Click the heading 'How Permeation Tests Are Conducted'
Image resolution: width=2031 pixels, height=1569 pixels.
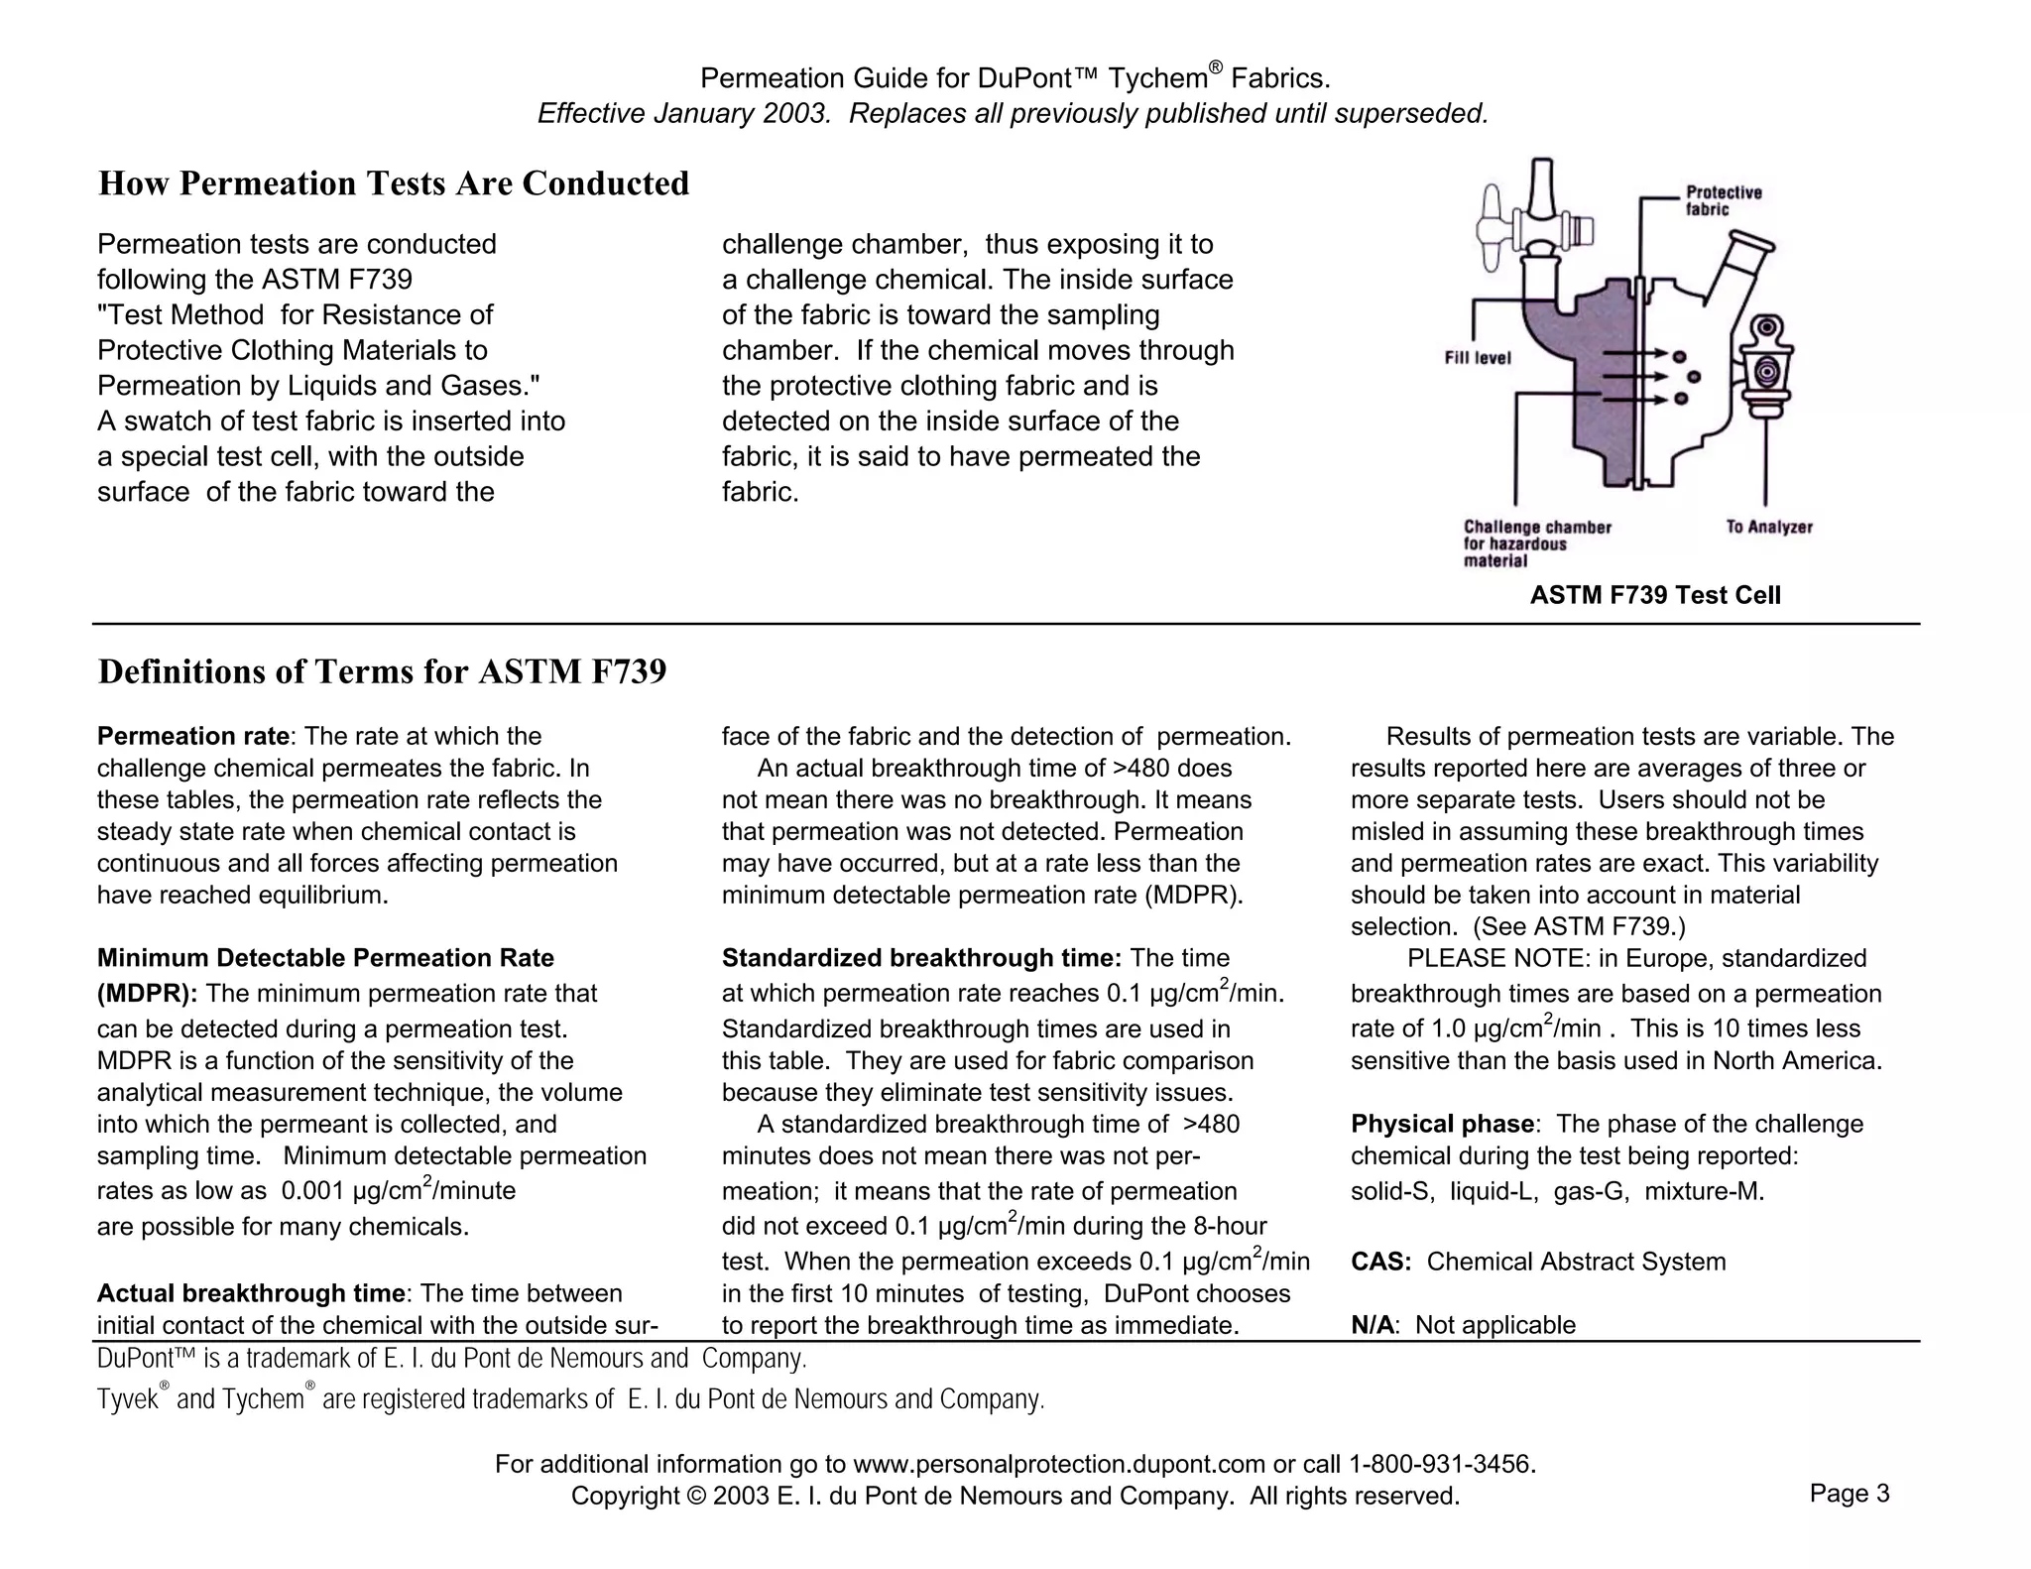pyautogui.click(x=394, y=183)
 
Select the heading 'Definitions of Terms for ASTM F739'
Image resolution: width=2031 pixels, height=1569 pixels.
pyautogui.click(x=382, y=671)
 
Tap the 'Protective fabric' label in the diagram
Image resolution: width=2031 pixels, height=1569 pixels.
pyautogui.click(x=1724, y=200)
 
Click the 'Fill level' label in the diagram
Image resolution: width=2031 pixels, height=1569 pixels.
pyautogui.click(x=1477, y=358)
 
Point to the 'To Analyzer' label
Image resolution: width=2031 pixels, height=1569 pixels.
pyautogui.click(x=1768, y=528)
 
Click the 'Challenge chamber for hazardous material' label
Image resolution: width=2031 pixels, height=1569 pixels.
pyautogui.click(x=1536, y=543)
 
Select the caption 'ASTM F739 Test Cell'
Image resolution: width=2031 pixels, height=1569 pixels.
pyautogui.click(x=1654, y=595)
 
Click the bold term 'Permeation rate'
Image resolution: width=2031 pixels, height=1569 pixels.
pyautogui.click(x=193, y=736)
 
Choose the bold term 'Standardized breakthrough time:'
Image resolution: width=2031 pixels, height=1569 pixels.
pyautogui.click(x=921, y=958)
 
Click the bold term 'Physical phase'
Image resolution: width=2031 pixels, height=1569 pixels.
pyautogui.click(x=1442, y=1124)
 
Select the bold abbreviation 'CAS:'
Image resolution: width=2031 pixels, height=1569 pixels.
pyautogui.click(x=1380, y=1262)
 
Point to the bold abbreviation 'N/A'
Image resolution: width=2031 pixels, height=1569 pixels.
pyautogui.click(x=1372, y=1325)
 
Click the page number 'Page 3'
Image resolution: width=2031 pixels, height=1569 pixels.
pyautogui.click(x=1849, y=1494)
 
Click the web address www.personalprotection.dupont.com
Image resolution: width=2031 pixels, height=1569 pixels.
pyautogui.click(x=1058, y=1464)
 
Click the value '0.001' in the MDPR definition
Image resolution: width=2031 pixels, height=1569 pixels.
pyautogui.click(x=313, y=1191)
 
